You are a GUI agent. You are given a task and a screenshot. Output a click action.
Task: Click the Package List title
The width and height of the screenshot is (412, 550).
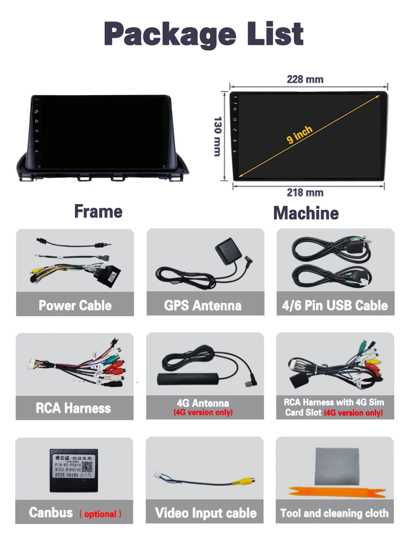[x=204, y=34]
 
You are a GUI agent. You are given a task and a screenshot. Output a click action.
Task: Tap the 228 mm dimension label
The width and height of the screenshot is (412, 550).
[x=305, y=79]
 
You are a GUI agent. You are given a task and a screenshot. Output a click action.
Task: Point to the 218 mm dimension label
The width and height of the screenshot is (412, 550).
[x=305, y=193]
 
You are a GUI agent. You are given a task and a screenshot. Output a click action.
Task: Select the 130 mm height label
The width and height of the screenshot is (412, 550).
[x=218, y=136]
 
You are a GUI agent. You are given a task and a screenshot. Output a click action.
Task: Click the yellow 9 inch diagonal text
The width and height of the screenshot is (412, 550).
[x=300, y=134]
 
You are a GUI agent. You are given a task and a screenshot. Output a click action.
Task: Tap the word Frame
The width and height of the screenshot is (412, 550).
[x=98, y=212]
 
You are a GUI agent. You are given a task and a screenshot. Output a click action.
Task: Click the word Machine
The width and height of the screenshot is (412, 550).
[x=306, y=213]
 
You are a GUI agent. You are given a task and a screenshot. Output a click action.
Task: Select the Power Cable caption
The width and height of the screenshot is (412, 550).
[x=75, y=306]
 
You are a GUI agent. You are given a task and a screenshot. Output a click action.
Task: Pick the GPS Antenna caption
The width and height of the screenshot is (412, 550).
[x=203, y=306]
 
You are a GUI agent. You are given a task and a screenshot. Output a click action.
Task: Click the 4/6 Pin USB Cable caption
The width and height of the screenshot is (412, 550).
[x=335, y=306]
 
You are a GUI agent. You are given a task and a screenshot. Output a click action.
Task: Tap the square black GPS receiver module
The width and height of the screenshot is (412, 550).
[x=228, y=251]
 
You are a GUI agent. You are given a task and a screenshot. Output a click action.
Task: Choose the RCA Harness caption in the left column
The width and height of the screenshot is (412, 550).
[x=73, y=408]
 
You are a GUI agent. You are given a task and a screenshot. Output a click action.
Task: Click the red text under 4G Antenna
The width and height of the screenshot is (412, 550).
[x=203, y=412]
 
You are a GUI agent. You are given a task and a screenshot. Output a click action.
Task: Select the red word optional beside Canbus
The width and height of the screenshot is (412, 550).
[x=101, y=514]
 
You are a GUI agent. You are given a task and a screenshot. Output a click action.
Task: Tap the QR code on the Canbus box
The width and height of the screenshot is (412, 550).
[x=87, y=467]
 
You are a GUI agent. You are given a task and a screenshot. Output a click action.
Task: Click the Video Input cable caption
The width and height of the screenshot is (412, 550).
[x=206, y=513]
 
